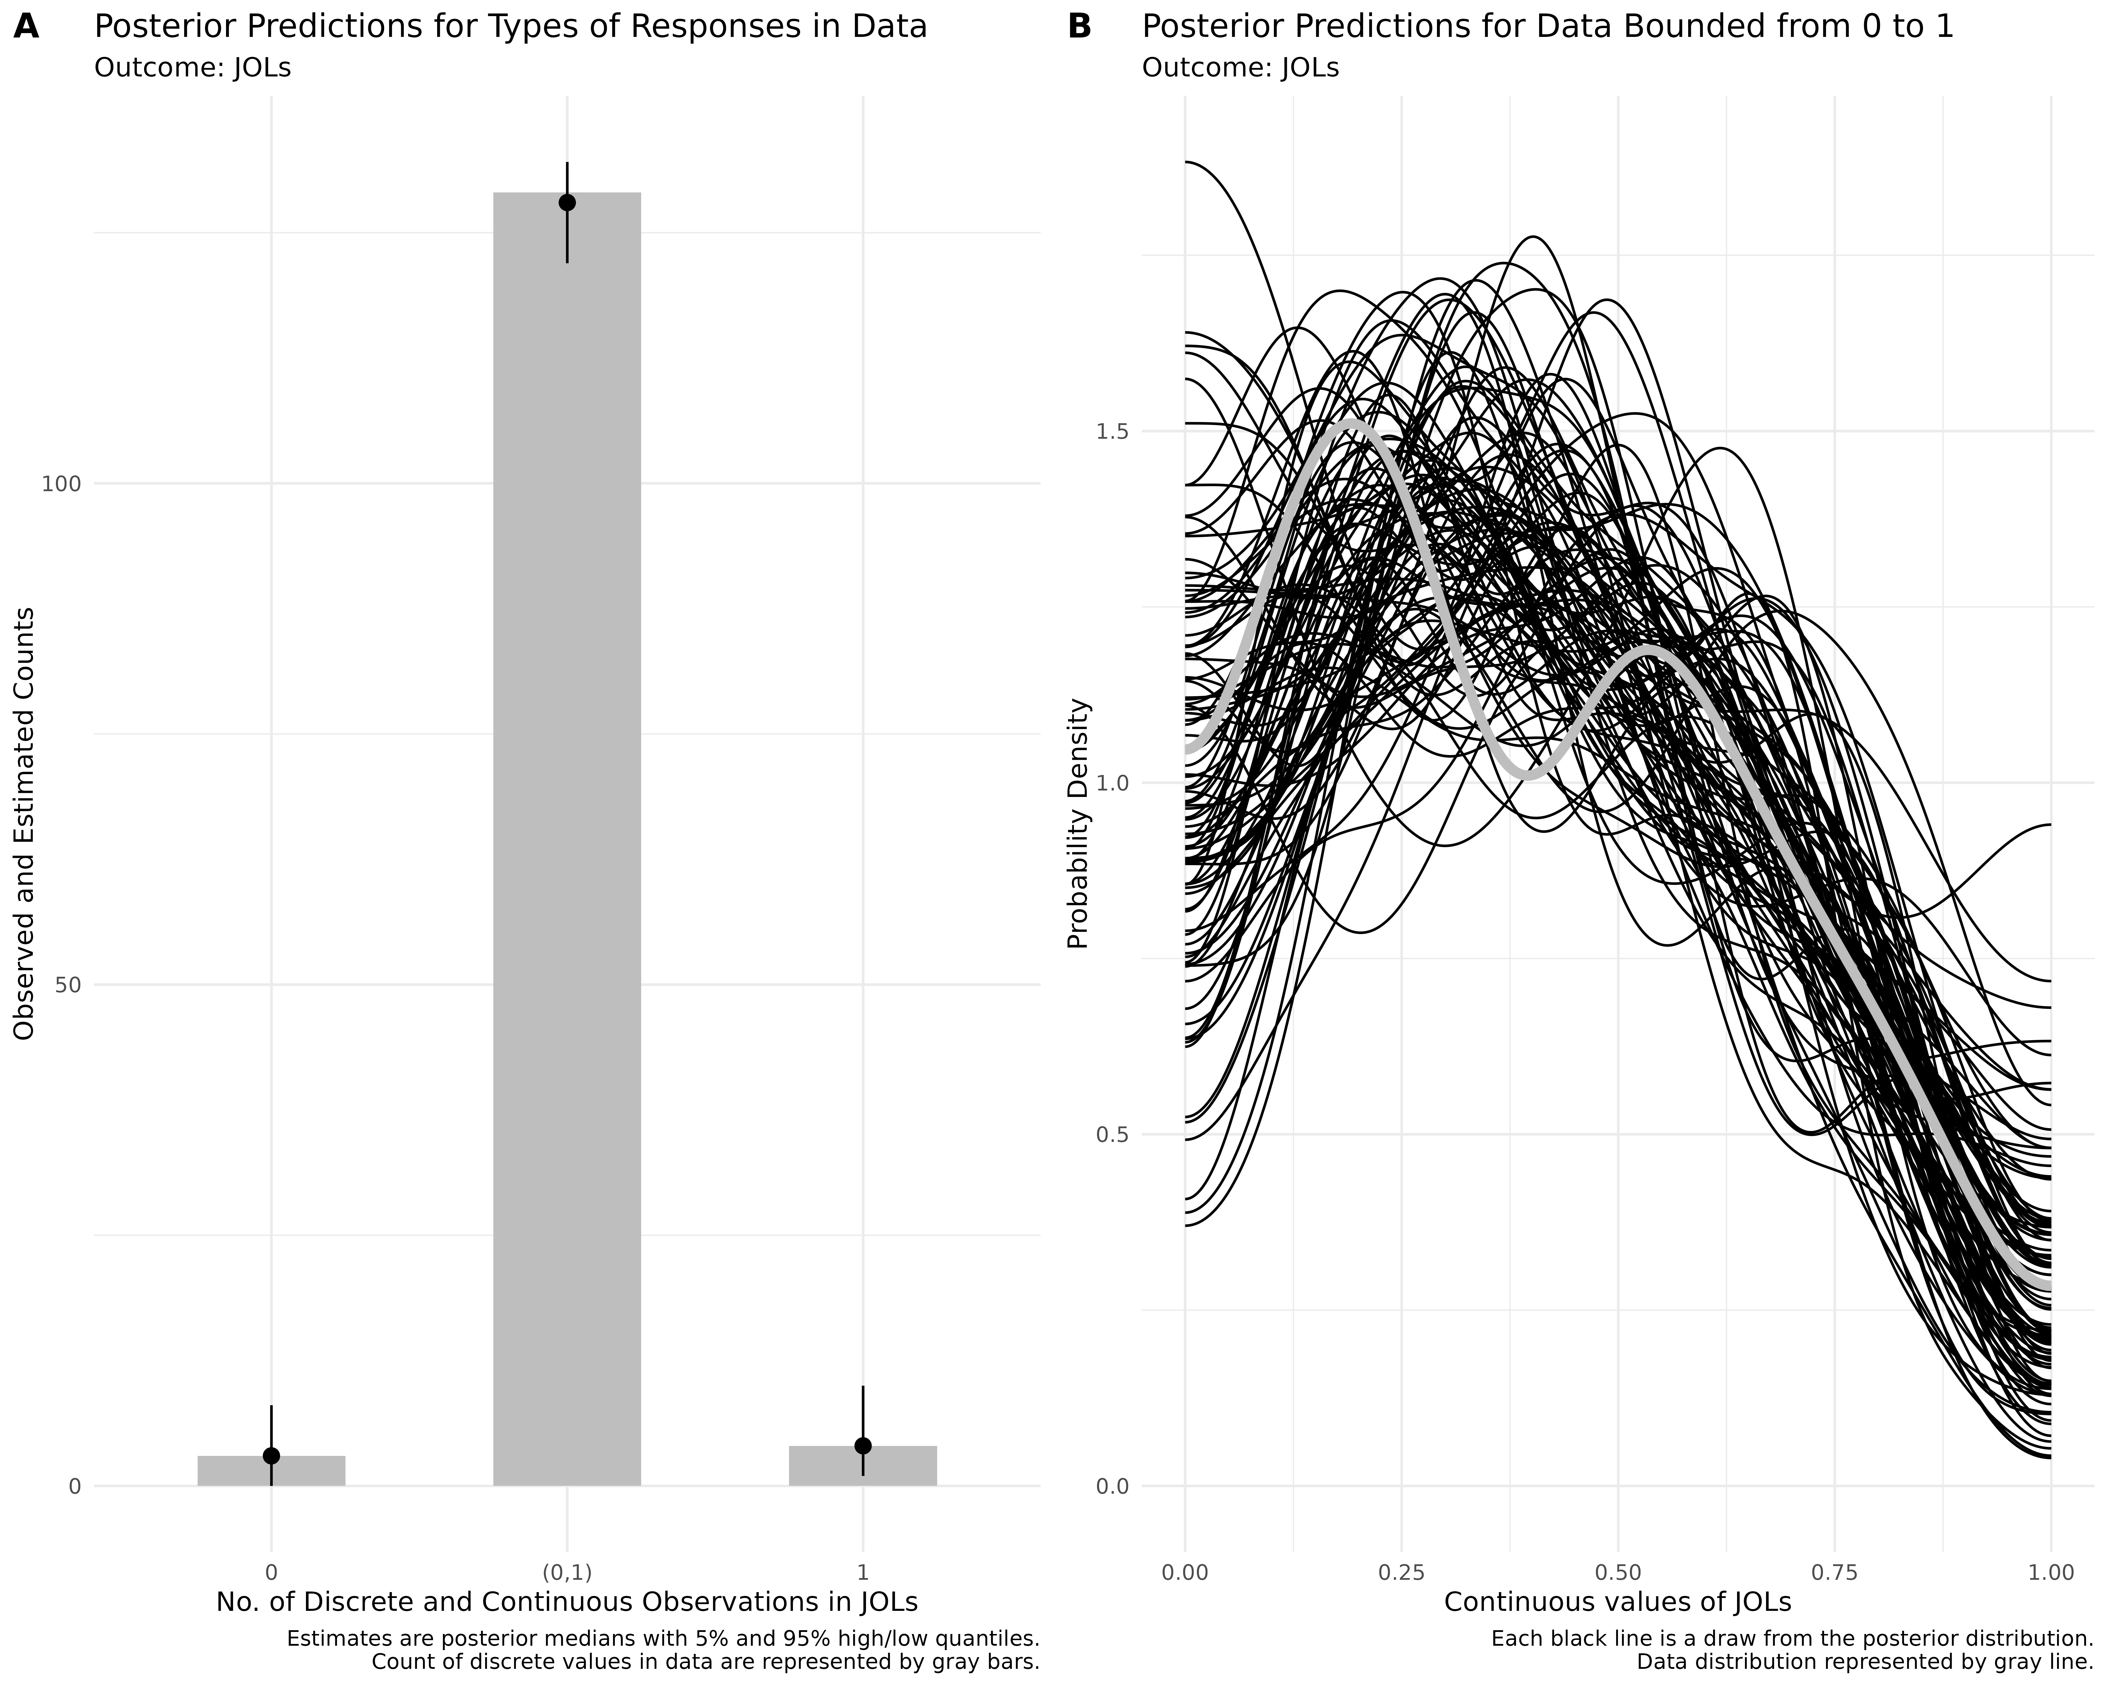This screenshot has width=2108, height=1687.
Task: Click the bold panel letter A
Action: (26, 27)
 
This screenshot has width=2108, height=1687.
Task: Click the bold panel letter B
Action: (1079, 27)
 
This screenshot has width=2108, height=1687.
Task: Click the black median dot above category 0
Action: (271, 1455)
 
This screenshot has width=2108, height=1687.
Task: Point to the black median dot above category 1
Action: (862, 1445)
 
